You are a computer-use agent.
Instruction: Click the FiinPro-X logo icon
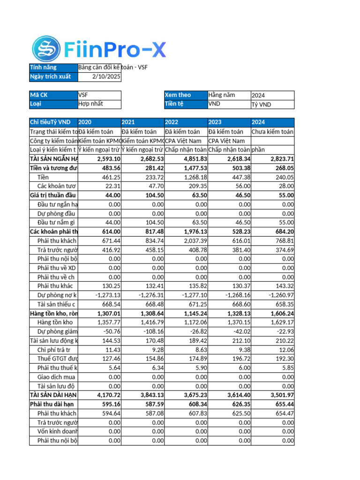point(46,49)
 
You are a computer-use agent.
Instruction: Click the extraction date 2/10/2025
point(106,76)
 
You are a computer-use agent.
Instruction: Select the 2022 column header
point(172,122)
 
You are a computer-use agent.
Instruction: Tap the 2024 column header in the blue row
point(259,122)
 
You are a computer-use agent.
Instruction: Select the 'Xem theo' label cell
point(178,95)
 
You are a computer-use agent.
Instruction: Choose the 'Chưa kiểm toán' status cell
point(272,132)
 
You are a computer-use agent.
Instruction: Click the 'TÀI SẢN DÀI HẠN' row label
point(53,396)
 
